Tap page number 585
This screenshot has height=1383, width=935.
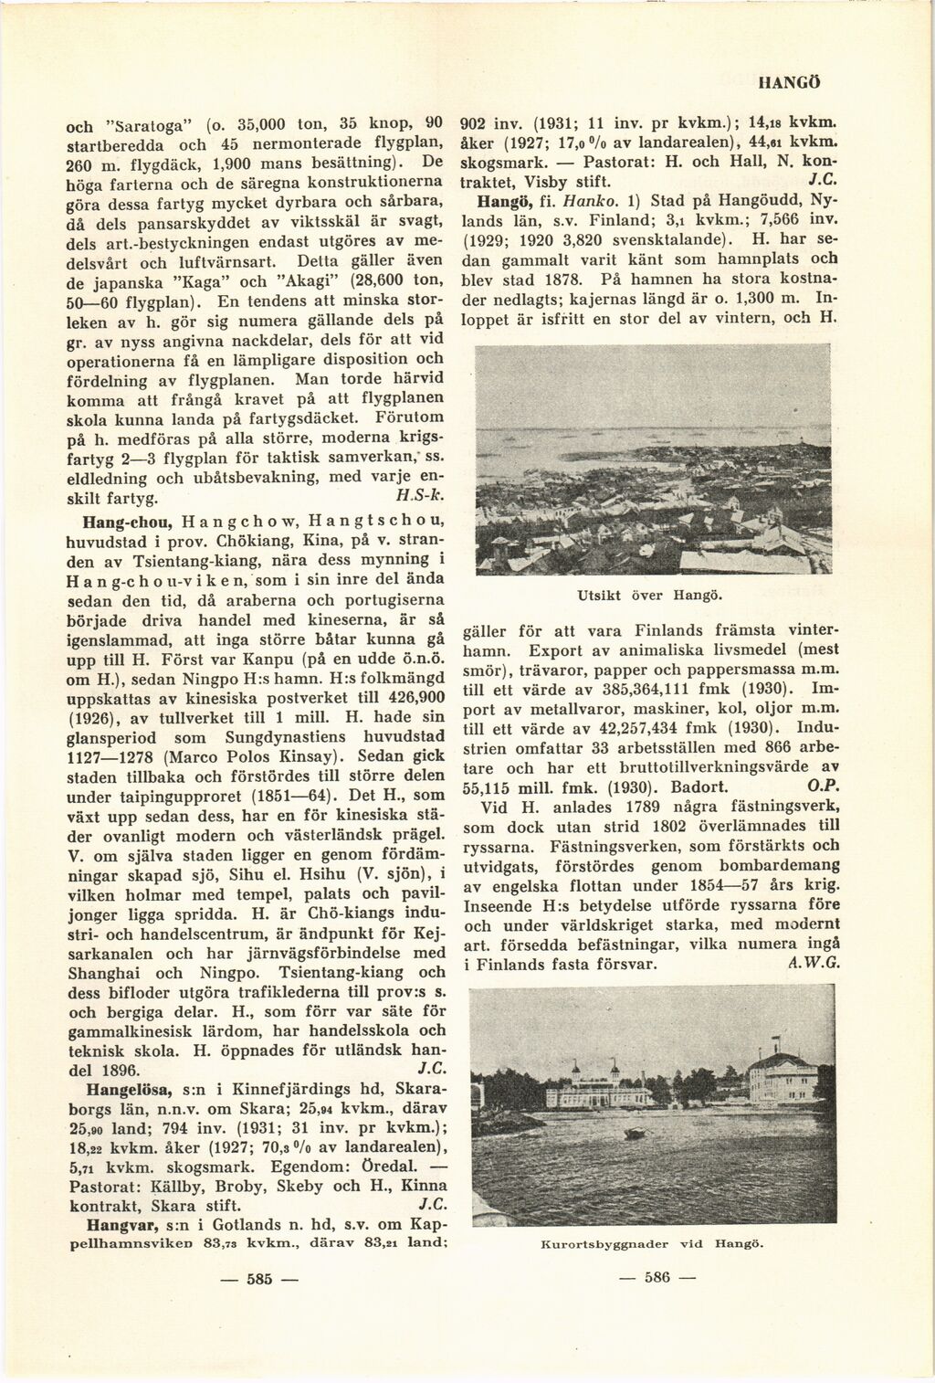261,1278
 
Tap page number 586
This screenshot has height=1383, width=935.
656,1277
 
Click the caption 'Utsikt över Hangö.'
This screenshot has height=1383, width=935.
651,596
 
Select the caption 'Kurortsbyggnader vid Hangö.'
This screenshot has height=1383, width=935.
652,1243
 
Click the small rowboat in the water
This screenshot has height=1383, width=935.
629,1133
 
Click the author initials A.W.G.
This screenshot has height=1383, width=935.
818,963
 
